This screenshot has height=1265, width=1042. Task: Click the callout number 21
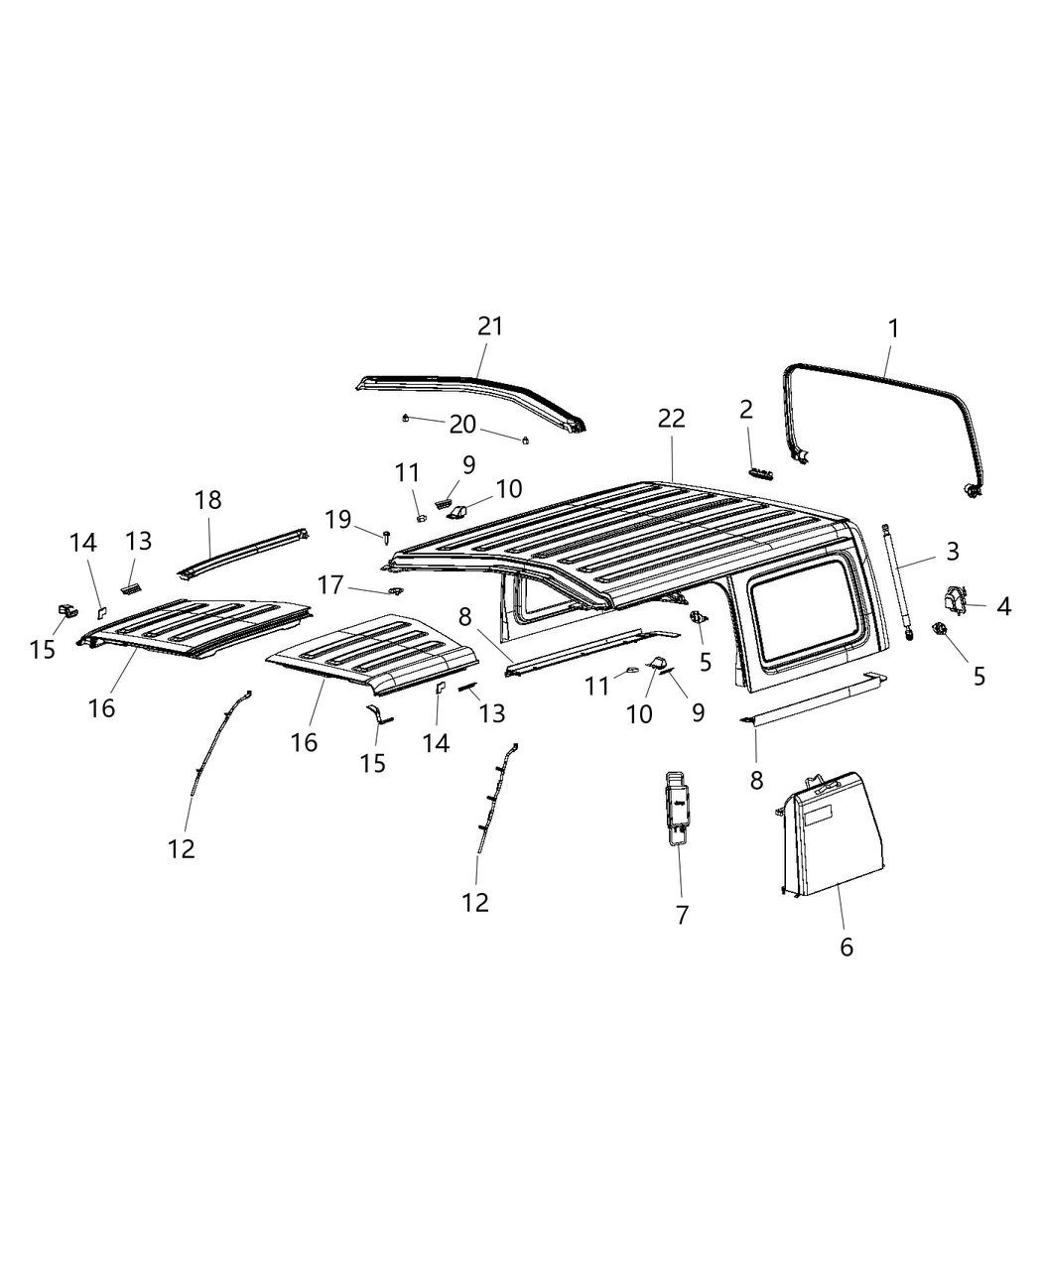click(490, 326)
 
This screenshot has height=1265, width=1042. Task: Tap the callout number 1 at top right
click(892, 328)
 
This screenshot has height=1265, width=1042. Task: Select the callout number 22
click(672, 420)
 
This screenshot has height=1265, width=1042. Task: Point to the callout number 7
click(682, 915)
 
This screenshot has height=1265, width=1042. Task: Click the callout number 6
click(846, 947)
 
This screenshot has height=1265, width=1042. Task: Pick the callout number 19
click(338, 519)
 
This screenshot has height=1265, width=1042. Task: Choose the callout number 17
click(330, 586)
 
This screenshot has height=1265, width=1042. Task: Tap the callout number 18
click(208, 500)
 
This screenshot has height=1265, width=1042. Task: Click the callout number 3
click(952, 551)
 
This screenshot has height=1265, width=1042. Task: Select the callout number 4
click(1003, 606)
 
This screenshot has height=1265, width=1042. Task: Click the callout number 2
click(745, 409)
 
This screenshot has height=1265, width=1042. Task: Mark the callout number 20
click(462, 425)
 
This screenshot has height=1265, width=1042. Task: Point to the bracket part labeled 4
click(954, 599)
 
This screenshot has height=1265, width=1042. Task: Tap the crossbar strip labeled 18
click(243, 551)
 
